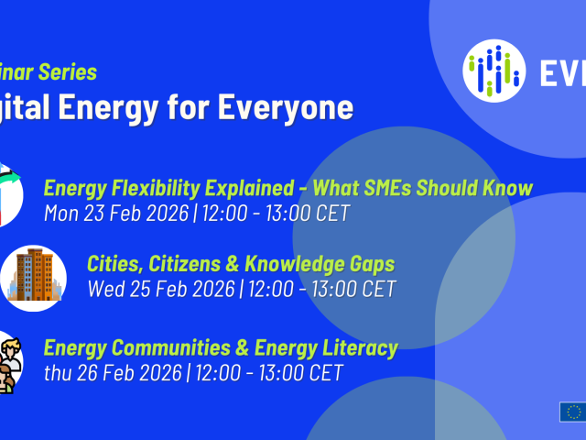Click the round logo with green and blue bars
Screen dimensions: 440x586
click(x=494, y=71)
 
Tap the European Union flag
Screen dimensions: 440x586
click(x=572, y=412)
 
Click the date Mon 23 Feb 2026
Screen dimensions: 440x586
click(x=114, y=214)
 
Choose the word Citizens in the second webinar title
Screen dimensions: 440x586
click(x=191, y=265)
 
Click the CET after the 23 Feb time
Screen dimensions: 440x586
click(x=329, y=214)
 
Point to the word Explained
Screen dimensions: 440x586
click(x=246, y=189)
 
